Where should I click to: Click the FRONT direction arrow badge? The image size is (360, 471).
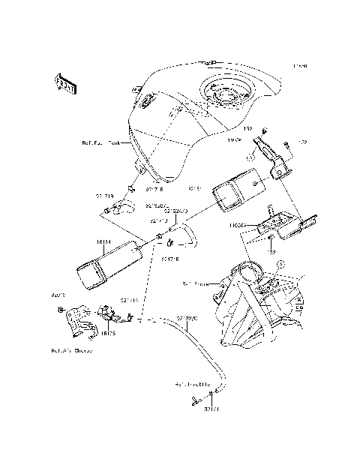(65, 82)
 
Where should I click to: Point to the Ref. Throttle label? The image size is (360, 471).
(193, 385)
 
